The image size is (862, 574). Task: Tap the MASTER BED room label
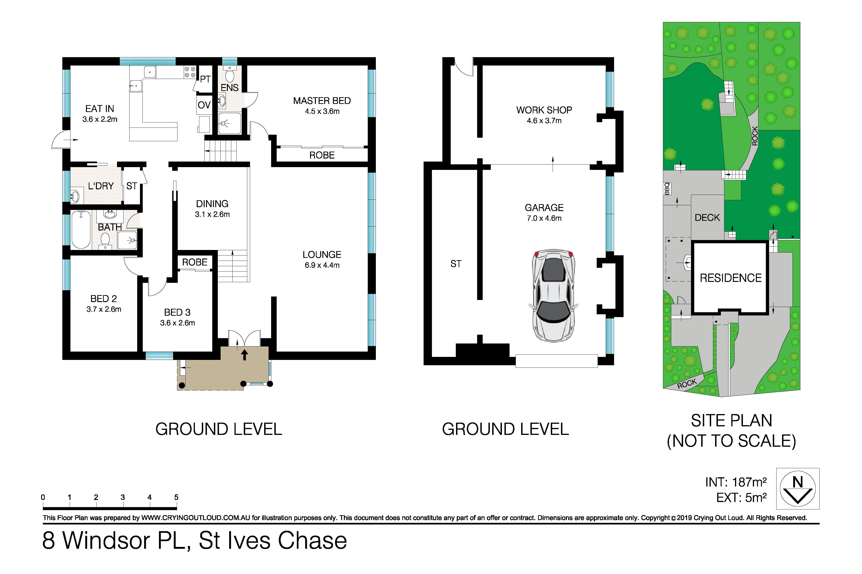point(322,101)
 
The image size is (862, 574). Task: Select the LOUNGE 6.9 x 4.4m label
point(322,259)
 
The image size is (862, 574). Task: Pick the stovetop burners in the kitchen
point(190,72)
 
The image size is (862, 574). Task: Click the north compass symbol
point(798,488)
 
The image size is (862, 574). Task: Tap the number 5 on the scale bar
point(176,497)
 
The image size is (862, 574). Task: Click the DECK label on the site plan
point(707,217)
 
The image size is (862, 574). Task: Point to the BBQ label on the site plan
point(667,189)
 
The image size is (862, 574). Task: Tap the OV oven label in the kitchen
point(204,105)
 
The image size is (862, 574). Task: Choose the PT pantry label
point(205,79)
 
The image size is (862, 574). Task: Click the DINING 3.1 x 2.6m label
point(212,209)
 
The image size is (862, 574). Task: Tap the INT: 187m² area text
point(736,482)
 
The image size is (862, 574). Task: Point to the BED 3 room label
point(177,312)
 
